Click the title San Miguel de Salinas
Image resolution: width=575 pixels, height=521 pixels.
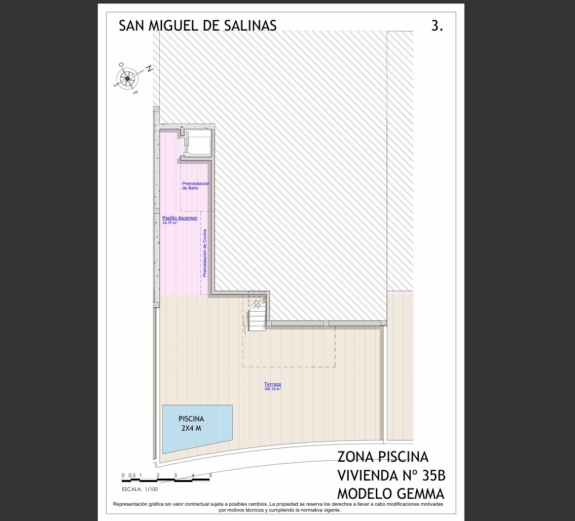click(x=198, y=26)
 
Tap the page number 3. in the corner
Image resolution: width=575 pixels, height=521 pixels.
click(x=437, y=26)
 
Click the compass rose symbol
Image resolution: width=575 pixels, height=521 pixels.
click(x=127, y=78)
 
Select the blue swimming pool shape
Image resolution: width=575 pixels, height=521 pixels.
click(x=197, y=429)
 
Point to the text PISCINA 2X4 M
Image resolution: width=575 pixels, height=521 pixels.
click(x=191, y=423)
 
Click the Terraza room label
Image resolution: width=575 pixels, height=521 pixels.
click(x=273, y=384)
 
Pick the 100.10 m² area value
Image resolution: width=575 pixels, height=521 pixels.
click(x=273, y=389)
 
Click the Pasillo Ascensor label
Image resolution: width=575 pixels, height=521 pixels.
click(x=180, y=218)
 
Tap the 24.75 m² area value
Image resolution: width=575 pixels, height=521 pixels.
click(x=170, y=223)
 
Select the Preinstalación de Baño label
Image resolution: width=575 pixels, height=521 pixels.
click(x=195, y=186)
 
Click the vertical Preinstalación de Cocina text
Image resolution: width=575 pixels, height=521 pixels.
click(x=205, y=253)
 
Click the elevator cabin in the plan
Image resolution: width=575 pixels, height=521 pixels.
click(x=198, y=143)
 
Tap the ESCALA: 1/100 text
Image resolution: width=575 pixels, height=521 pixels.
click(x=140, y=489)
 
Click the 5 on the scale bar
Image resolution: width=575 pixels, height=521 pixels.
click(x=211, y=476)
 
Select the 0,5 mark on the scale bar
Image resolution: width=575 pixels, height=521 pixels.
click(x=132, y=476)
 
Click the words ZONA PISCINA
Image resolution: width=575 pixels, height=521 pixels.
click(x=383, y=457)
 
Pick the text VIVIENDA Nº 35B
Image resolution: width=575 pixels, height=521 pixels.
click(x=391, y=476)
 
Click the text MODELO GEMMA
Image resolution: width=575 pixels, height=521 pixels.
click(x=391, y=494)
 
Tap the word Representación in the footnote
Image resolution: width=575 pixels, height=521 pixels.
click(x=130, y=505)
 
